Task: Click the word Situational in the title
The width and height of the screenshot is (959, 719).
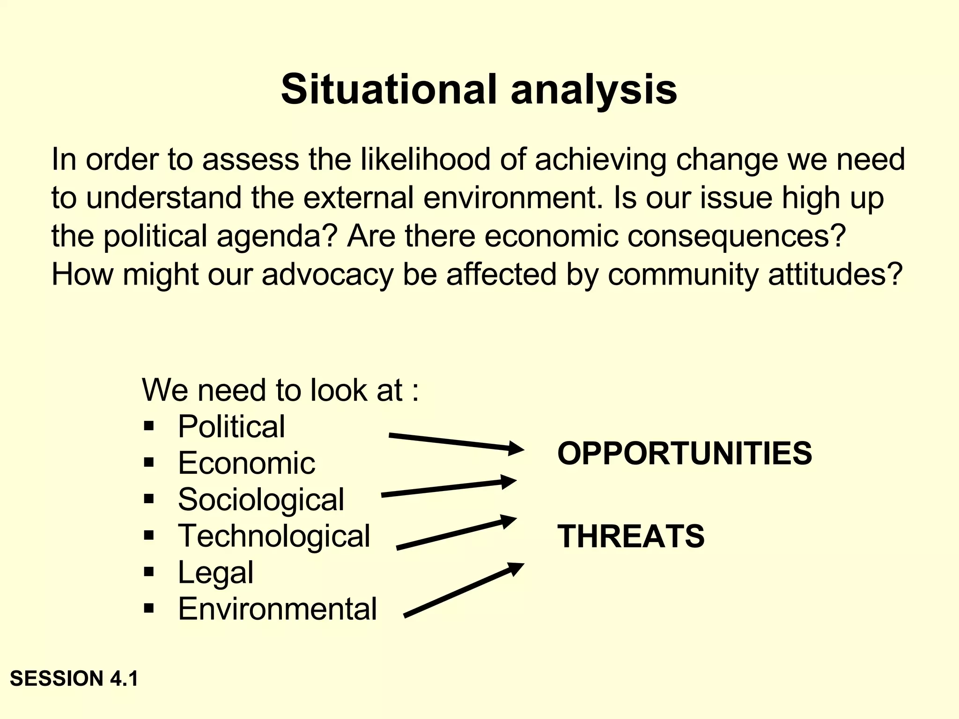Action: tap(389, 90)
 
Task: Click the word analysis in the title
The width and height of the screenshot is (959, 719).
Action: tap(593, 90)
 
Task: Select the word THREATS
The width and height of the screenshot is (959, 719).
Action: tap(631, 536)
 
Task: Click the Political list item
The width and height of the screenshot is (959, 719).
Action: tap(231, 426)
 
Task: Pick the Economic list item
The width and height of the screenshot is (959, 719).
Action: tap(246, 463)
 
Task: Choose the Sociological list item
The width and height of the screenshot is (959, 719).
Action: tap(261, 499)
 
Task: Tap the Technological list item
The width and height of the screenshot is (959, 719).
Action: tap(274, 536)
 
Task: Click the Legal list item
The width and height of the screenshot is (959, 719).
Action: tap(215, 572)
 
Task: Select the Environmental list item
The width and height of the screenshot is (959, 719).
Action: tap(277, 609)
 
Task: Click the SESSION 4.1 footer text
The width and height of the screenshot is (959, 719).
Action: tap(74, 679)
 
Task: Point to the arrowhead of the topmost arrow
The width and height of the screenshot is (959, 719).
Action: tap(516, 448)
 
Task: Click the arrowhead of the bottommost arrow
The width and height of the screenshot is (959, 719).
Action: tap(516, 568)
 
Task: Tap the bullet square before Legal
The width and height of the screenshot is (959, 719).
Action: tap(149, 572)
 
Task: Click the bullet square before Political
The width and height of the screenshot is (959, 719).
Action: tap(149, 426)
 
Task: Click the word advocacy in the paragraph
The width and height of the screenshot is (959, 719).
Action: tap(328, 275)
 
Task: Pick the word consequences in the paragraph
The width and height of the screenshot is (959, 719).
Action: tap(736, 236)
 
